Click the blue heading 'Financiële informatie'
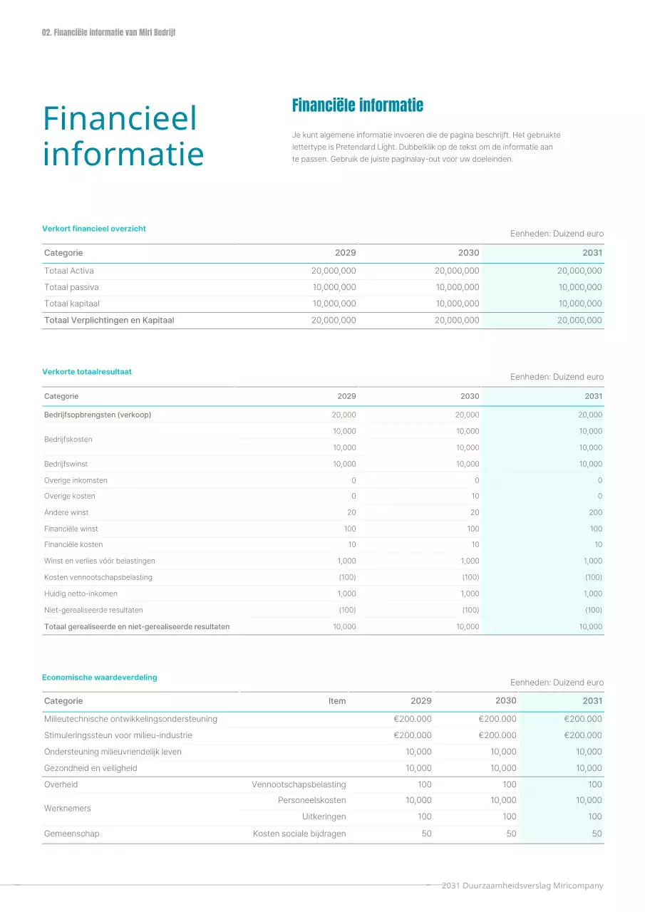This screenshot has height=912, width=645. click(x=357, y=105)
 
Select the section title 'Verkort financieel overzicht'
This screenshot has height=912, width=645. click(x=94, y=229)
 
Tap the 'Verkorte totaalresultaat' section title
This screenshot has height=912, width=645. click(x=87, y=372)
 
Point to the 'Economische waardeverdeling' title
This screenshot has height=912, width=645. click(x=100, y=678)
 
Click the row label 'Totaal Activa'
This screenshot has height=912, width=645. click(x=69, y=271)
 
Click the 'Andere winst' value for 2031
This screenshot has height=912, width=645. click(x=595, y=513)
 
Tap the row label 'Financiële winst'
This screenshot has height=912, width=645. click(x=71, y=529)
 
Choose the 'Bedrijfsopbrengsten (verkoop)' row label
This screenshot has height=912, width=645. click(x=98, y=415)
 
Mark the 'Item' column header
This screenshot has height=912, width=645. click(x=337, y=701)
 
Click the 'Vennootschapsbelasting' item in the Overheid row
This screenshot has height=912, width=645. click(x=299, y=784)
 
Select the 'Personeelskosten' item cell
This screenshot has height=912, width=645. click(x=311, y=801)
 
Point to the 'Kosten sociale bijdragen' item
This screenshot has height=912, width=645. click(x=299, y=834)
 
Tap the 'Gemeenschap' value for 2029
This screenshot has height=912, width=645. click(x=426, y=834)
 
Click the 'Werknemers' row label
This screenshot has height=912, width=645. click(x=68, y=809)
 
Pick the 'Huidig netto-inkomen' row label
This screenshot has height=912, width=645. click(x=81, y=594)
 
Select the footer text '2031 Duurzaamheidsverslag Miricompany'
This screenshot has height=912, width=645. click(x=522, y=886)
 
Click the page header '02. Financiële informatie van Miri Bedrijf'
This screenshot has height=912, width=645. click(x=108, y=33)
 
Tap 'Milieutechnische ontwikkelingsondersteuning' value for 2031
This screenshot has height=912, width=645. click(x=582, y=719)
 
